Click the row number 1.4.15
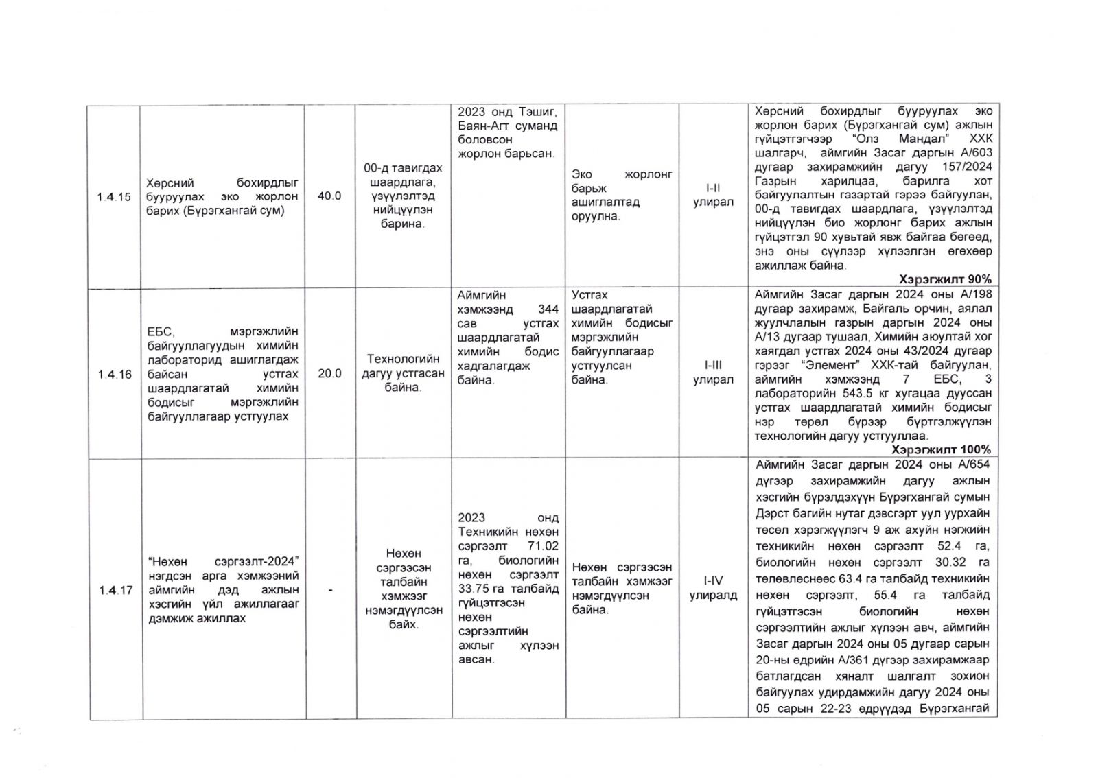coord(114,197)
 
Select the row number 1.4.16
coord(114,374)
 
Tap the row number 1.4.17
coord(115,590)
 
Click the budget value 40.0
coord(329,196)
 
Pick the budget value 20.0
coord(329,374)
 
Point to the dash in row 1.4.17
coord(330,590)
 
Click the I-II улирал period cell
coord(713,195)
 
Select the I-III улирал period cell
coord(713,373)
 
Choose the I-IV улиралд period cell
coord(713,588)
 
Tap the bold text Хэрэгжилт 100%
coord(941,449)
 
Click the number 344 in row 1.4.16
coord(548,309)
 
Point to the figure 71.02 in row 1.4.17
coord(543,546)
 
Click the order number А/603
coord(976,153)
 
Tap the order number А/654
coord(975,464)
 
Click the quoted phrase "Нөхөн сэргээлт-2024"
coord(223,562)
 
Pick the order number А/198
coord(976,294)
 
